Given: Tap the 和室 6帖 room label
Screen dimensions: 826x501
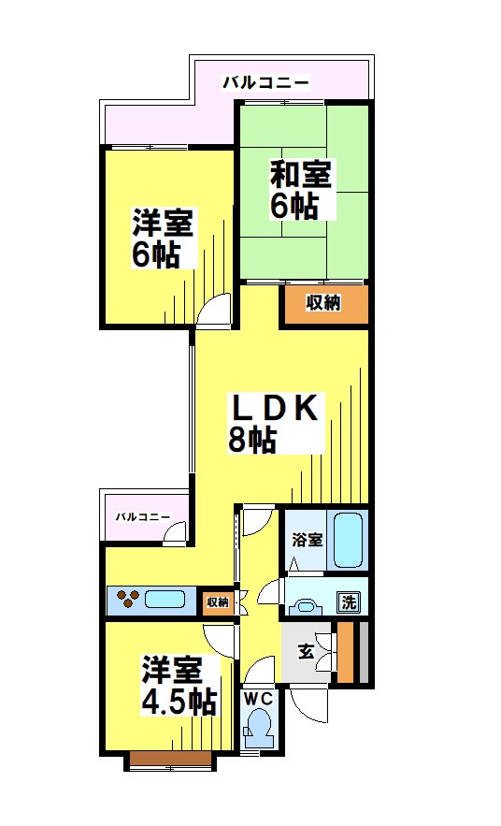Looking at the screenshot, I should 301,190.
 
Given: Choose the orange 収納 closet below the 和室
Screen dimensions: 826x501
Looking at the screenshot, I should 324,303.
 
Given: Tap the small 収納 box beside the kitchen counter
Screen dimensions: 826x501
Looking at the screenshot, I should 218,601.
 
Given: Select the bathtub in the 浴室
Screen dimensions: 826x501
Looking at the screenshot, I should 351,540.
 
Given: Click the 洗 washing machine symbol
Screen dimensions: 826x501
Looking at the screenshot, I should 348,602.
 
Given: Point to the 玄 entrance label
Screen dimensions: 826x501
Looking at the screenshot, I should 306,652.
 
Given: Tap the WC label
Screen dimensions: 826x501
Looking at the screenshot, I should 257,698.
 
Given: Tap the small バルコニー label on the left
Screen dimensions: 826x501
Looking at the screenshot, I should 142,516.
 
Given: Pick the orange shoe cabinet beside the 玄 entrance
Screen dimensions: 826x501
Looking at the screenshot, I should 346,652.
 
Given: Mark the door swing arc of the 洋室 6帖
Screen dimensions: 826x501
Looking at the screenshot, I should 216,309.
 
